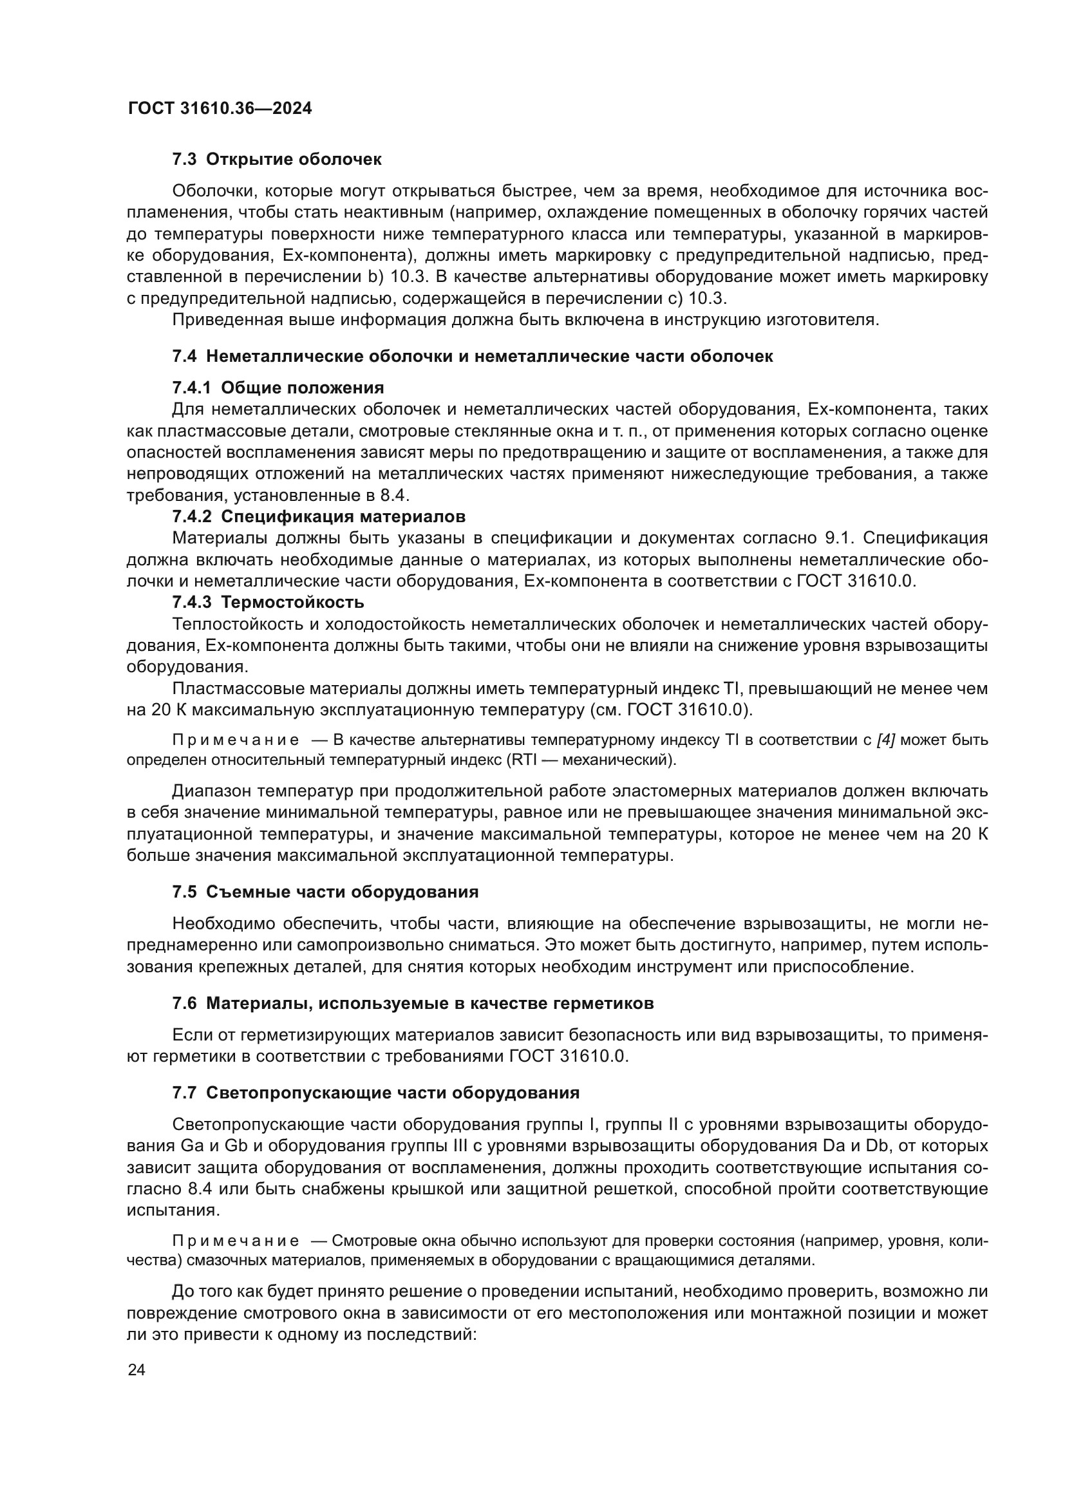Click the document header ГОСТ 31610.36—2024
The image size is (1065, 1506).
tap(220, 109)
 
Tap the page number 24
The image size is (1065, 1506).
tap(137, 1370)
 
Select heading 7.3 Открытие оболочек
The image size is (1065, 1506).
tap(276, 160)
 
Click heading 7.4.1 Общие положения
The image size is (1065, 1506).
tap(278, 388)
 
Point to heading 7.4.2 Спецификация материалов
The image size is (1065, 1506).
tap(318, 516)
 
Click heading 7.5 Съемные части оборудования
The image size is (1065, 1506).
tap(325, 892)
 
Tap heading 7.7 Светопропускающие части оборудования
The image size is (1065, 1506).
tap(375, 1093)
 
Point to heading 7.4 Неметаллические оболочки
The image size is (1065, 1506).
tap(472, 356)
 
